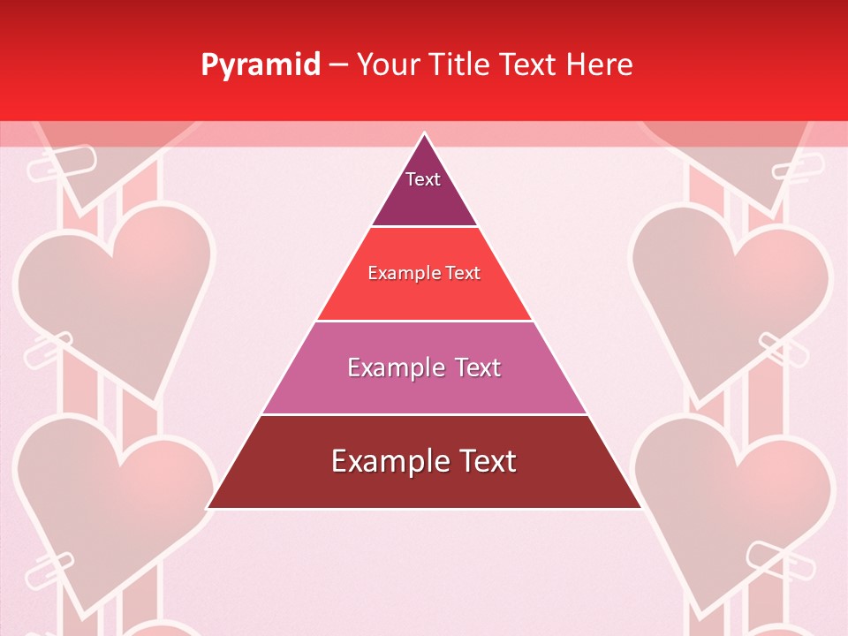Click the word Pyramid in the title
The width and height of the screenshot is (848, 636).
(x=261, y=65)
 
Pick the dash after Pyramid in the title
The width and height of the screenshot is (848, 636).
(x=337, y=65)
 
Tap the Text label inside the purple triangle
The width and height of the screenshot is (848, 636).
(x=423, y=179)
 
